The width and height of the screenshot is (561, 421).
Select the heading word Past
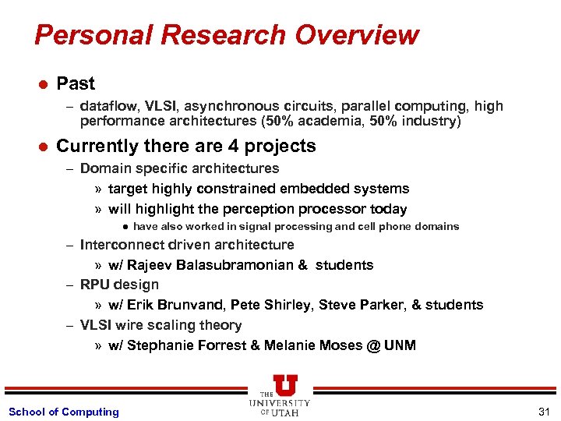(76, 83)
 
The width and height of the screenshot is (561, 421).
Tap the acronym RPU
(95, 285)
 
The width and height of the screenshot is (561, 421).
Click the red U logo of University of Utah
(285, 386)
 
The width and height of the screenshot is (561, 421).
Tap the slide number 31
(543, 412)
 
